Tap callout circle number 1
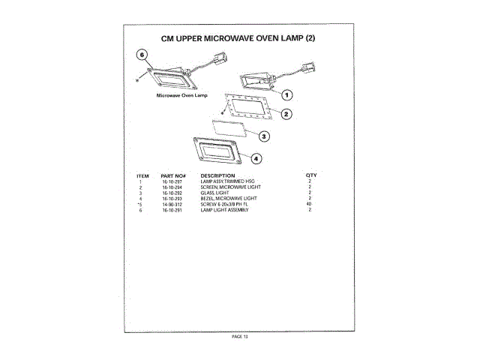(286, 94)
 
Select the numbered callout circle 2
(286, 114)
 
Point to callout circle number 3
(265, 136)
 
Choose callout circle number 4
(256, 158)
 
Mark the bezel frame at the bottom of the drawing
(217, 151)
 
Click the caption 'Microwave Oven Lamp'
(181, 95)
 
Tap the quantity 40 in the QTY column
(309, 204)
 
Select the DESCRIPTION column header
(217, 175)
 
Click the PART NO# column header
(172, 175)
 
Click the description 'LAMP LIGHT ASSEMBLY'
(225, 210)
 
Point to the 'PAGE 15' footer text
(239, 336)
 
